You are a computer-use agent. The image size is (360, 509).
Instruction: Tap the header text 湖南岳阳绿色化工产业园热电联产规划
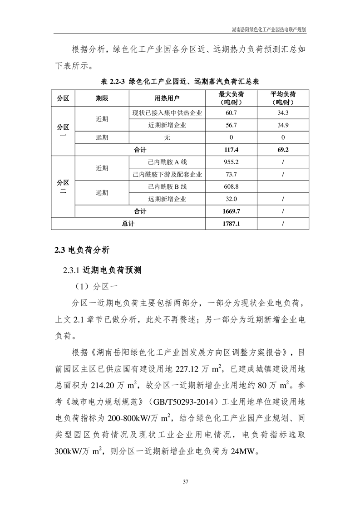[x=269, y=29]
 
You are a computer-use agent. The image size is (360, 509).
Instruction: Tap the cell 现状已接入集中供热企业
[x=167, y=113]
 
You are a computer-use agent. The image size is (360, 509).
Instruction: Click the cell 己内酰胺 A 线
[x=167, y=162]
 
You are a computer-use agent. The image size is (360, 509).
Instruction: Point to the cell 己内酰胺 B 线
[x=167, y=186]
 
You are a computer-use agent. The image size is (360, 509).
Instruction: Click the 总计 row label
[x=128, y=224]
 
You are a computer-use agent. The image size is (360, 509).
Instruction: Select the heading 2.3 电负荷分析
[x=82, y=250]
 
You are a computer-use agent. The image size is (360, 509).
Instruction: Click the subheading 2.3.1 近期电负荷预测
[x=103, y=270]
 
